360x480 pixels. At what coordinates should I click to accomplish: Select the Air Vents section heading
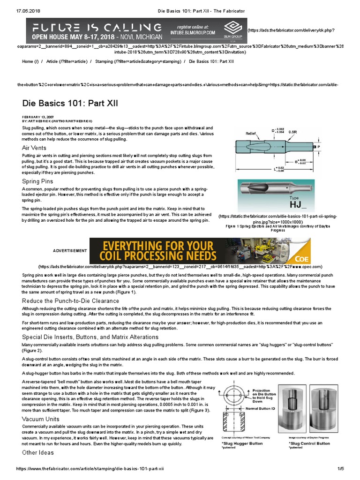click(34, 148)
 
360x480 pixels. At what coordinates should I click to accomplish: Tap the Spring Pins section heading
click(37, 181)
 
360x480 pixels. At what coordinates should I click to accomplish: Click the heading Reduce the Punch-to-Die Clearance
click(71, 300)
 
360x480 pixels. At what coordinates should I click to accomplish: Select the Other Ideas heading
click(38, 452)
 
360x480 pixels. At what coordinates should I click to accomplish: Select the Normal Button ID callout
click(264, 408)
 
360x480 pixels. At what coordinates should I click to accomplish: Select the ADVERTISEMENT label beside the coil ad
click(69, 251)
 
